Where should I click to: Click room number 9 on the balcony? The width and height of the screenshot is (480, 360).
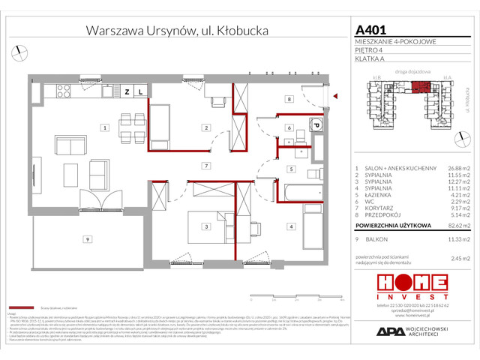[x=87, y=239]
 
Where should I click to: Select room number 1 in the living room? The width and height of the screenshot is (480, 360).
[x=105, y=128]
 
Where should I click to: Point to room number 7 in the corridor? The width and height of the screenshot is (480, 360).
[x=204, y=165]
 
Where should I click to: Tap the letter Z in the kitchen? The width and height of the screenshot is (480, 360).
[x=127, y=91]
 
